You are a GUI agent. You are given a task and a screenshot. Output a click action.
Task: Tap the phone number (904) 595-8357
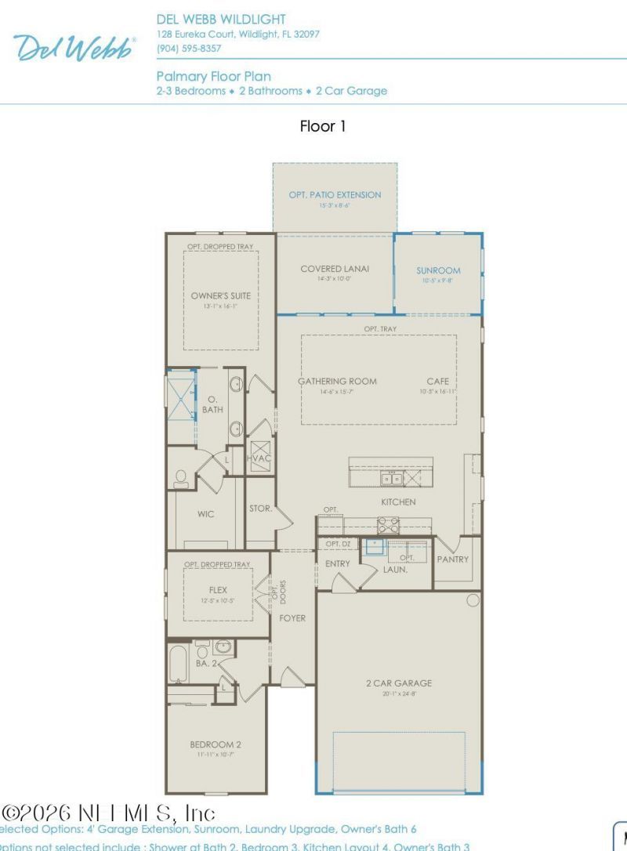point(189,49)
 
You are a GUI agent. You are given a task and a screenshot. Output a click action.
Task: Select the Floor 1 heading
point(322,126)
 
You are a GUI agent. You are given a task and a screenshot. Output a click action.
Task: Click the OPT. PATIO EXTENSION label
point(335,194)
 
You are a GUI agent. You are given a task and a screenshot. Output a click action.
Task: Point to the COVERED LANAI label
point(335,269)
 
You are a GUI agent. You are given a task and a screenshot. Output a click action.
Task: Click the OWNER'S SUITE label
point(221,295)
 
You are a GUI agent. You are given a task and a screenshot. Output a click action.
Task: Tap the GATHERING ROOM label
point(337,382)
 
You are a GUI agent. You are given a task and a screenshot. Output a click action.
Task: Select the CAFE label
point(437,382)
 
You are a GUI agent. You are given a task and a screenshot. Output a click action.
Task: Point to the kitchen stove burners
point(388,525)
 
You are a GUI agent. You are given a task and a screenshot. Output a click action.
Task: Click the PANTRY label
point(453,559)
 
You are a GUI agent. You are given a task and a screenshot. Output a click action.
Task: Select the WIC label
point(206,515)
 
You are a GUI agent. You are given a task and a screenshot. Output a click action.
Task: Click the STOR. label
point(260,509)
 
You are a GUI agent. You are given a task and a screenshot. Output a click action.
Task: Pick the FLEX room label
point(217,589)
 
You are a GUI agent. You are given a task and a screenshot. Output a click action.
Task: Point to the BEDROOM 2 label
point(215,744)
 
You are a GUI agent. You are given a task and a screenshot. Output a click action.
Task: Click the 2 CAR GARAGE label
point(398,683)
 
